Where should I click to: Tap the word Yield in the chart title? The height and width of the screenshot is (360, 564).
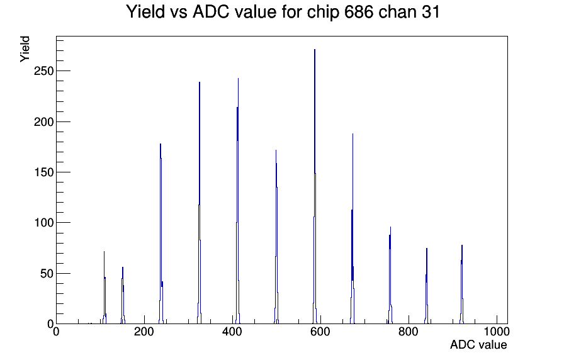145,12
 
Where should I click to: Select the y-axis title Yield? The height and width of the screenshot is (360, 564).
25,49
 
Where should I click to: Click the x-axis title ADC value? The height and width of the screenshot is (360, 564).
478,344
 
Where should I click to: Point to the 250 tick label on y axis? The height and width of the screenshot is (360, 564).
44,71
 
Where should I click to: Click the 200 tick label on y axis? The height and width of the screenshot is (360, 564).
44,121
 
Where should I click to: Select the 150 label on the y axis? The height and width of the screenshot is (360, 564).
44,172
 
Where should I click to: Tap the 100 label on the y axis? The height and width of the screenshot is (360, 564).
44,223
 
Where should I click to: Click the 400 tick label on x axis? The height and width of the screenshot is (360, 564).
232,331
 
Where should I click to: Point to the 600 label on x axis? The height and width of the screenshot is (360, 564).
320,331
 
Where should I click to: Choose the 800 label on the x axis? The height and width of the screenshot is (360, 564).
409,331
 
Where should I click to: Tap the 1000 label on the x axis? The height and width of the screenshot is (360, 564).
497,331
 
